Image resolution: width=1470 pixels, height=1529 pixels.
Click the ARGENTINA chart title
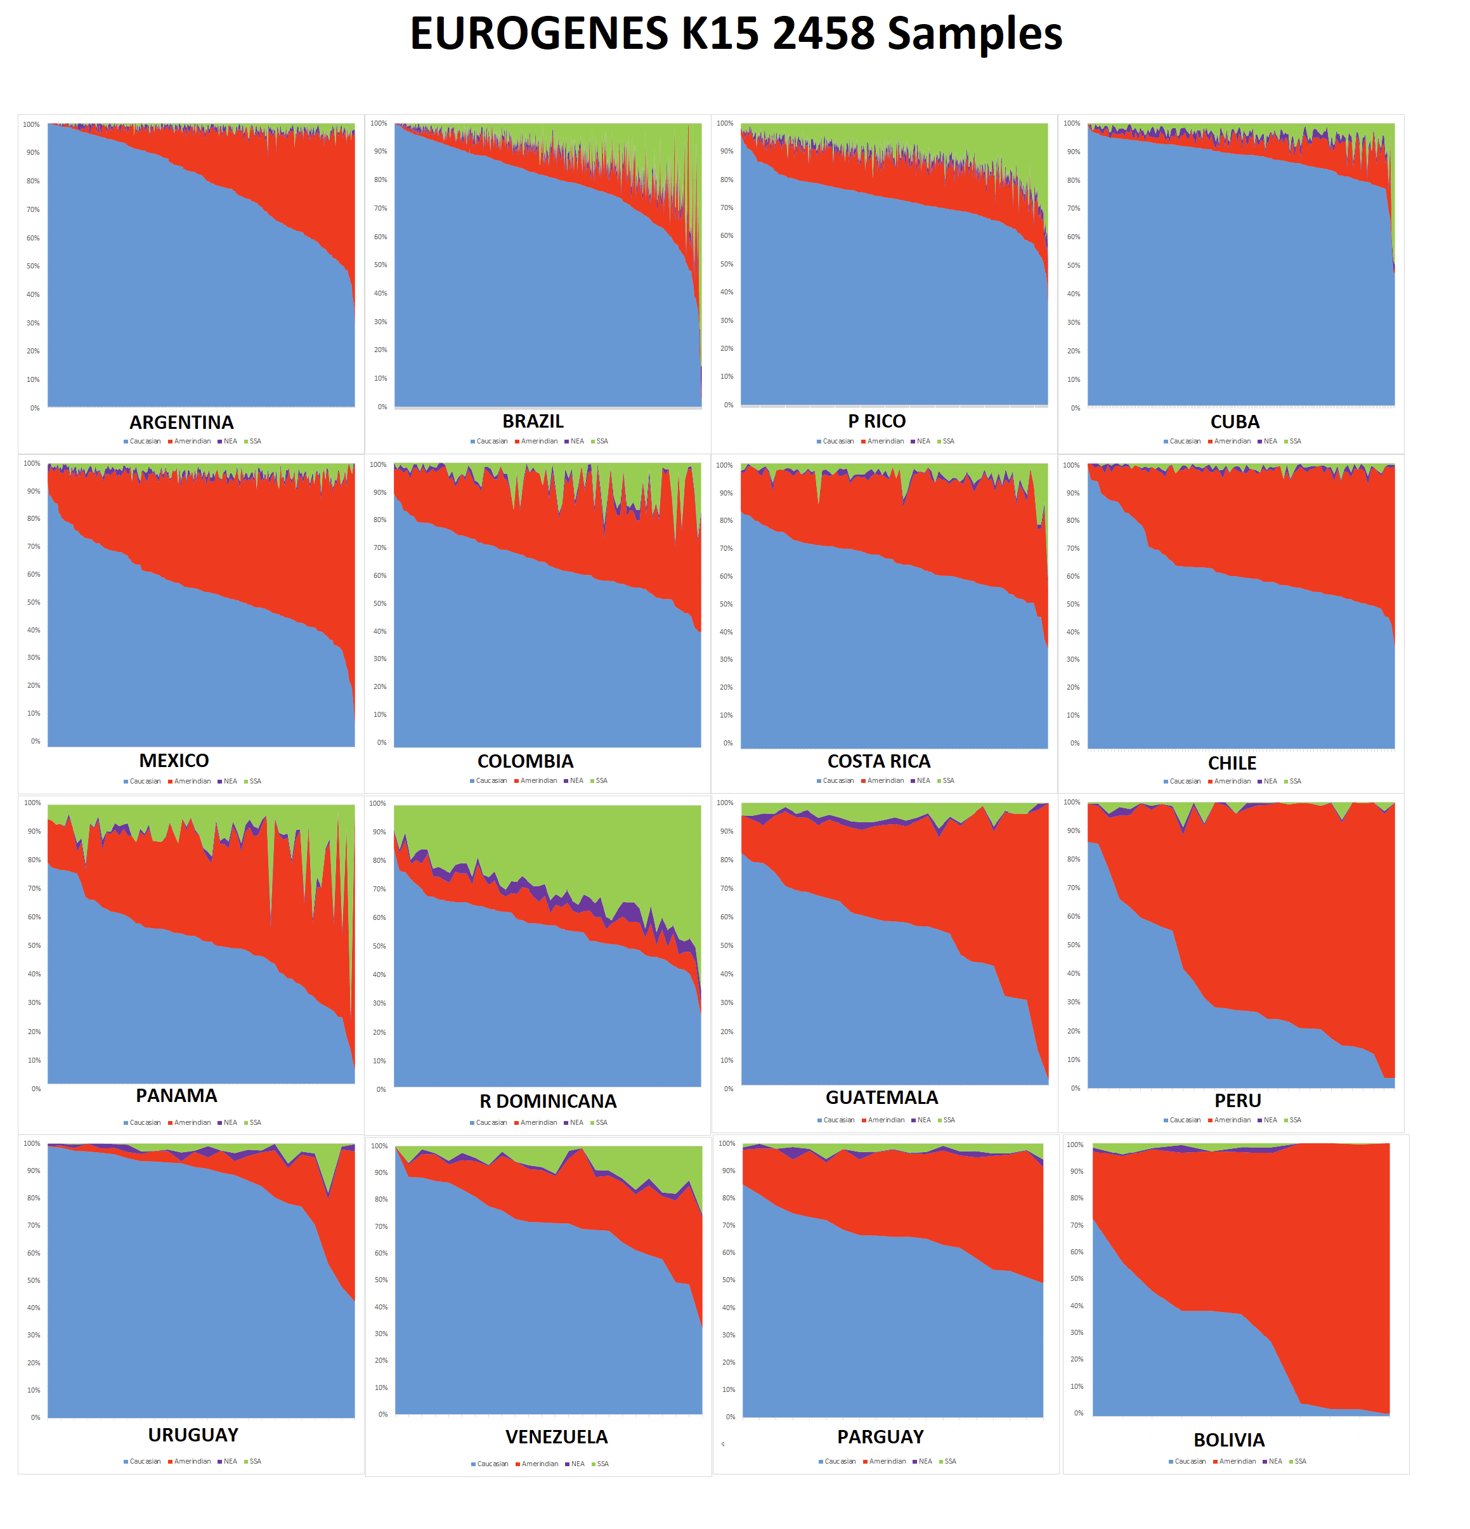point(181,422)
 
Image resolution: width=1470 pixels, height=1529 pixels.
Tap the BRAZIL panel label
point(533,421)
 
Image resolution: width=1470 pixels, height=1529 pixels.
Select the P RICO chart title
point(876,421)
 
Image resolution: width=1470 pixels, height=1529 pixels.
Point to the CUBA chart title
point(1235,422)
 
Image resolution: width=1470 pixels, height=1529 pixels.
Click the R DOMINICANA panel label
point(547,1101)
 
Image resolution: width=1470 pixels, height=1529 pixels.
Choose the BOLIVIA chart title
point(1229,1440)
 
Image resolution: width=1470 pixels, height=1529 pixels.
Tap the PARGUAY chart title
point(880,1436)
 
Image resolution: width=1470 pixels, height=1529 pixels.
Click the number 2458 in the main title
point(824,34)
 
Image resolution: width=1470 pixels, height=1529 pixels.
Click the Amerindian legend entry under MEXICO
point(190,781)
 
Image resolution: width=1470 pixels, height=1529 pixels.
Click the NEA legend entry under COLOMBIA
point(574,780)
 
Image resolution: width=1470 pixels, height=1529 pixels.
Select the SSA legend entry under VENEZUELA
point(600,1464)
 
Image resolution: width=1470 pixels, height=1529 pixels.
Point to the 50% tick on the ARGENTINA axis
point(33,266)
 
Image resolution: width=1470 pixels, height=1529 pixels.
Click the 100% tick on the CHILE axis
point(1072,465)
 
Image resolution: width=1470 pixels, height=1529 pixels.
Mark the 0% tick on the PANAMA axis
point(36,1088)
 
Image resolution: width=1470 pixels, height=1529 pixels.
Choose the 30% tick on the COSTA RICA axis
point(726,659)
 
